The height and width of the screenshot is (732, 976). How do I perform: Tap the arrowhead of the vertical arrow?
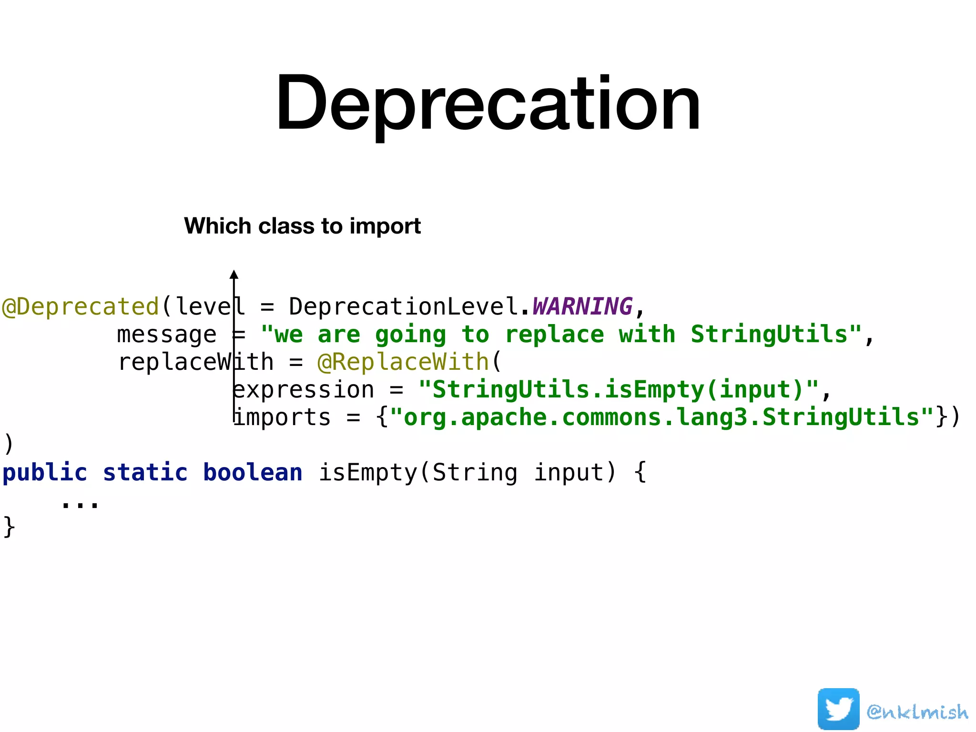(234, 274)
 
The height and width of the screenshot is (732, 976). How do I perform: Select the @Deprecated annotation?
(80, 306)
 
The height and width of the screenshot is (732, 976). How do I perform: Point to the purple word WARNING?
(582, 306)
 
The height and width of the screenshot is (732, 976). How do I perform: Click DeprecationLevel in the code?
(403, 306)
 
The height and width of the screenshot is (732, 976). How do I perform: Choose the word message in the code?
(167, 334)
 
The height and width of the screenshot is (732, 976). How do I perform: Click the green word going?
(410, 335)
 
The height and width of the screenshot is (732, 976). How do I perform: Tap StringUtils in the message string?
(769, 334)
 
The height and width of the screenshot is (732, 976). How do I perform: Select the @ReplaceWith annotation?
(403, 362)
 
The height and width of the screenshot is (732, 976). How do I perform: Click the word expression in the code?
(304, 390)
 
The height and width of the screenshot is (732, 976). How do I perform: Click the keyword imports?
(282, 417)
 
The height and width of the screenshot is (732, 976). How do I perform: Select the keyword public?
(45, 473)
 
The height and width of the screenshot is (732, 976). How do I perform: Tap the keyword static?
(145, 473)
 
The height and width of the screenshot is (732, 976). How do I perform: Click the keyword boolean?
(253, 473)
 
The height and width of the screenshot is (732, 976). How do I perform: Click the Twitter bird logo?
(838, 709)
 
